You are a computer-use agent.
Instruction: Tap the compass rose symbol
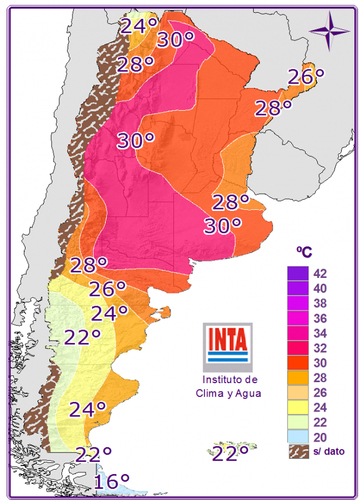point(330,30)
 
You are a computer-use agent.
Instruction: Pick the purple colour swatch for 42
point(297,274)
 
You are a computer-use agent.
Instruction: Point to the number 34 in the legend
point(320,333)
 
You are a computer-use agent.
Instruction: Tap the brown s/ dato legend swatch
point(297,451)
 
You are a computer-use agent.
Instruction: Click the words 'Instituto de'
point(230,380)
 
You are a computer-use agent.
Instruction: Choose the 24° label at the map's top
point(140,26)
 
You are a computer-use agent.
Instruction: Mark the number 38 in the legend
point(320,303)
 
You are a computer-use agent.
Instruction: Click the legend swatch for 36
point(297,318)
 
